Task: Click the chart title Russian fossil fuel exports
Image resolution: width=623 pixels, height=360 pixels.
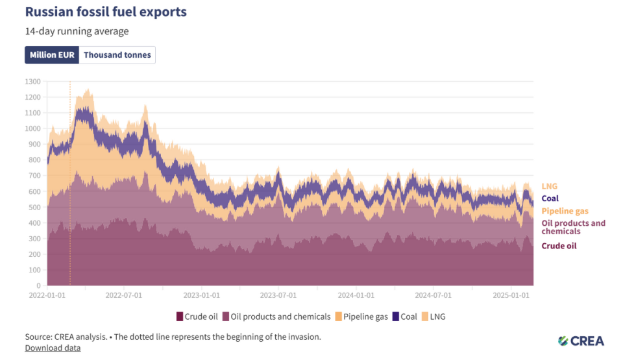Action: coord(106,12)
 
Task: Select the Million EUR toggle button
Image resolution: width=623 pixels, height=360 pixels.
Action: coord(52,55)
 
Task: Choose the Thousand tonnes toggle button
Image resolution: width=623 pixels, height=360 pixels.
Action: coord(117,55)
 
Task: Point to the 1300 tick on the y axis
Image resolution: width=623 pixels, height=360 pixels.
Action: coord(33,82)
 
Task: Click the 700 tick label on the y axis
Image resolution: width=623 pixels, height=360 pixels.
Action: coord(35,176)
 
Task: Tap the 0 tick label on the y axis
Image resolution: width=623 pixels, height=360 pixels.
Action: coord(39,285)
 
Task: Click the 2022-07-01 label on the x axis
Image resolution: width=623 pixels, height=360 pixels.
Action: coord(123,295)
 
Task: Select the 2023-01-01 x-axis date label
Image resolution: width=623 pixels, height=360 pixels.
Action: coord(201,295)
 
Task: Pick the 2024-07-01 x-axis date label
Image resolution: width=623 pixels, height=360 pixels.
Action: coord(434,295)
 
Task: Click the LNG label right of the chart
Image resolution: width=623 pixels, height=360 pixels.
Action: coord(549,187)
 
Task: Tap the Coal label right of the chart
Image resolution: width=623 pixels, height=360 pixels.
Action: coord(550,198)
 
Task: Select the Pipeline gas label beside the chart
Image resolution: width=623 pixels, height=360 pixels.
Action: coord(565,211)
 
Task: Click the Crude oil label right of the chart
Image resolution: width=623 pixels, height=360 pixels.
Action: coord(559,246)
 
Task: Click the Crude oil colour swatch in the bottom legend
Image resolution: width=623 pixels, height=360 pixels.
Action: coord(180,317)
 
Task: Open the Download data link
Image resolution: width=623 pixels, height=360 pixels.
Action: coord(53,348)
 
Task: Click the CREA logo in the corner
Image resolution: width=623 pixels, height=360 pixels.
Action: coord(580,341)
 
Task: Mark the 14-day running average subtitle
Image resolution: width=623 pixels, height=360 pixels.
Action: coord(77,31)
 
